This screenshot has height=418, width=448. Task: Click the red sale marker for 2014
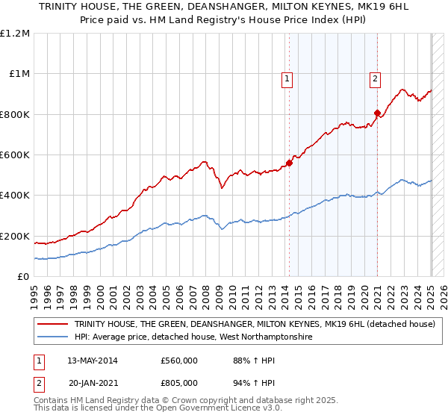[289, 163]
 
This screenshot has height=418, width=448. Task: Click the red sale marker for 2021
[378, 113]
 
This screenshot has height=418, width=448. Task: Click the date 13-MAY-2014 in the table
[90, 361]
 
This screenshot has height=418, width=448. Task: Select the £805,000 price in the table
[180, 382]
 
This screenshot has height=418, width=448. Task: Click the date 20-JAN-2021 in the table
[90, 382]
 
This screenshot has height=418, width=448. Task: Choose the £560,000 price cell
[180, 361]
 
